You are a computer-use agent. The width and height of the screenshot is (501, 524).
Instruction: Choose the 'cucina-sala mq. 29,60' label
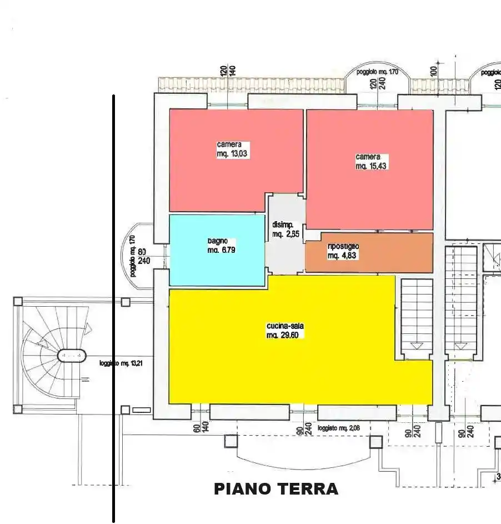pyautogui.click(x=285, y=331)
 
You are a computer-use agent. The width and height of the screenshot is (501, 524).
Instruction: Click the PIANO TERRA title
pyautogui.click(x=276, y=489)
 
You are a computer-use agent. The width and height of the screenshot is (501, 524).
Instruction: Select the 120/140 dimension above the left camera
pyautogui.click(x=228, y=71)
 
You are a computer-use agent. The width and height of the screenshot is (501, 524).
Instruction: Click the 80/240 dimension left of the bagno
pyautogui.click(x=143, y=256)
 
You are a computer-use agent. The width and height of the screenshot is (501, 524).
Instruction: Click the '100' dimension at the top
pyautogui.click(x=434, y=70)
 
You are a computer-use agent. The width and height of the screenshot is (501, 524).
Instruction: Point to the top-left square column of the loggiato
pyautogui.click(x=18, y=302)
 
